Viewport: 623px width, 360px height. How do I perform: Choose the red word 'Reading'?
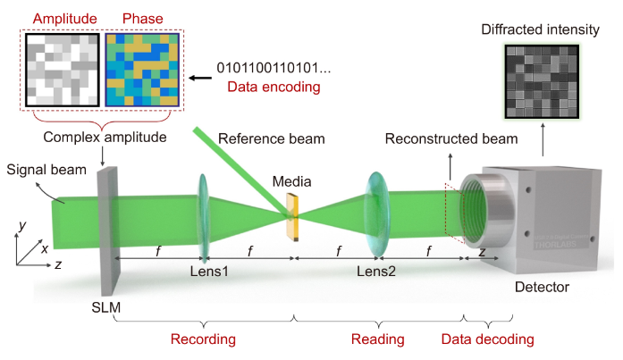click(x=378, y=339)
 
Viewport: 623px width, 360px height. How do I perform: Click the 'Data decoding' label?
click(x=488, y=339)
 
